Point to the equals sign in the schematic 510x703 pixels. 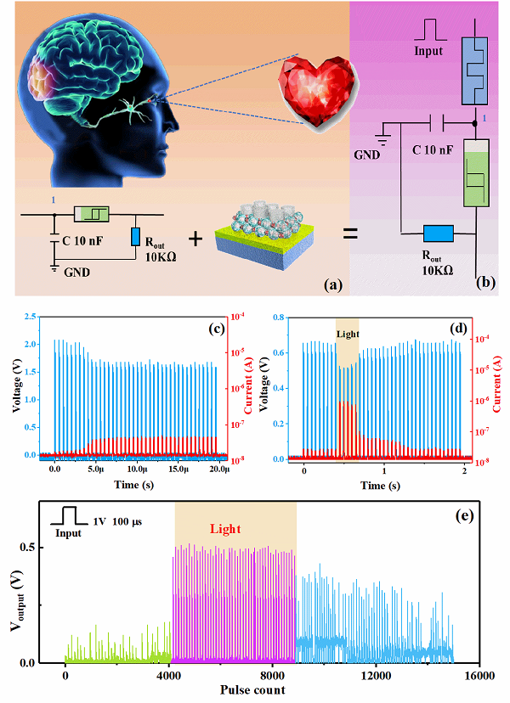pyautogui.click(x=351, y=231)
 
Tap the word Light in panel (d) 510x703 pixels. pyautogui.click(x=348, y=333)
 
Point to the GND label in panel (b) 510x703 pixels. pyautogui.click(x=368, y=155)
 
